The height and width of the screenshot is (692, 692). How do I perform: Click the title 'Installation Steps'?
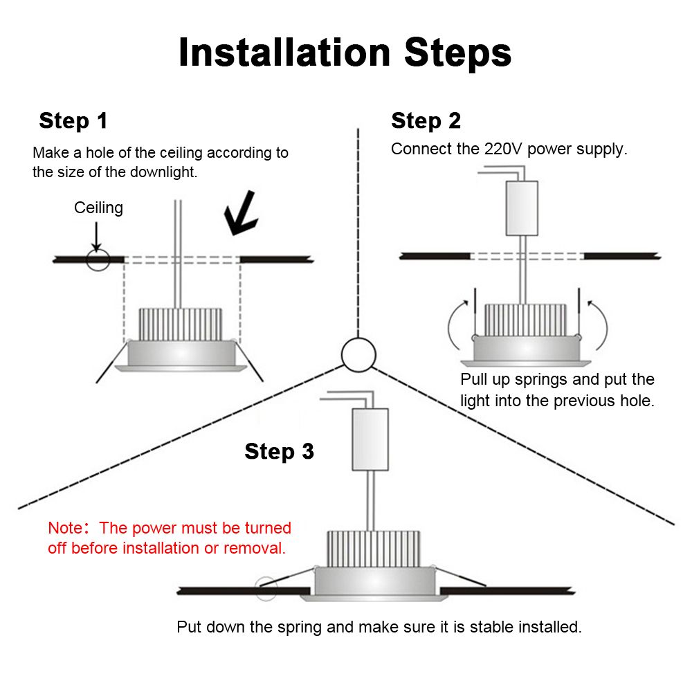click(345, 53)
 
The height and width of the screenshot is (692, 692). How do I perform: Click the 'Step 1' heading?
click(73, 121)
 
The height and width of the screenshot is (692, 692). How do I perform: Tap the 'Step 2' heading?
click(426, 121)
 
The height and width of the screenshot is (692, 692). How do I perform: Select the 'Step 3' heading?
click(279, 452)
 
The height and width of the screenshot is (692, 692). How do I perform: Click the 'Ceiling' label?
click(98, 208)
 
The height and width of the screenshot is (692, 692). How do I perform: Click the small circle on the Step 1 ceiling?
click(98, 259)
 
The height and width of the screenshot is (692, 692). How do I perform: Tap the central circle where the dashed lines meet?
click(358, 354)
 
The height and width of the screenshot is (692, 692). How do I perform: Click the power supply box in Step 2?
click(522, 208)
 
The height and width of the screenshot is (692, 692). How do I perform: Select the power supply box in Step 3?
click(370, 439)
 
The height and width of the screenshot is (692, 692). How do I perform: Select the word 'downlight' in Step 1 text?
click(165, 172)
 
